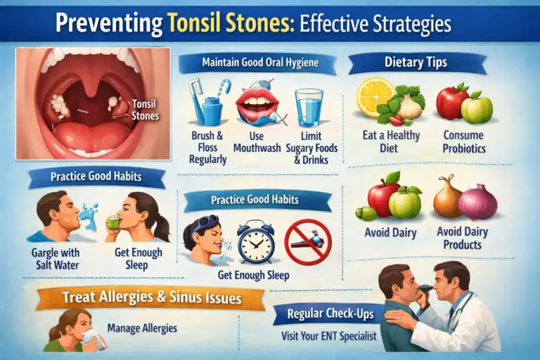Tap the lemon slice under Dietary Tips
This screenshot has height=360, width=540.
point(375,96)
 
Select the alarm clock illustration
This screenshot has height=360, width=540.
point(255,242)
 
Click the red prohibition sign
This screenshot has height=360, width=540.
point(307,242)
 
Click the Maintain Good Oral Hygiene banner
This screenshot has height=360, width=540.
point(259,63)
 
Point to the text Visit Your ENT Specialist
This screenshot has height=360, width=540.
point(329,335)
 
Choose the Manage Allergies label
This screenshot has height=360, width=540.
point(143,328)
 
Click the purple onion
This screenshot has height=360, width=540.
point(478,201)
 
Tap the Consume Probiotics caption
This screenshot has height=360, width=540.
point(464,141)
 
